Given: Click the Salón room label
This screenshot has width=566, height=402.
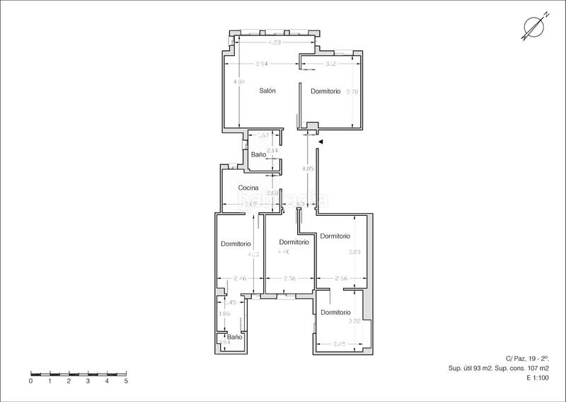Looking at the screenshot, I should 267,91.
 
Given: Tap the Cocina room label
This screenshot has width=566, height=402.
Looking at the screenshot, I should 248,188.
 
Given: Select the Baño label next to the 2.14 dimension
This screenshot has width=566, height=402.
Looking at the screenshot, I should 258,154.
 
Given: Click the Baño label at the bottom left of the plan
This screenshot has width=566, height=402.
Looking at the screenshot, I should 234,338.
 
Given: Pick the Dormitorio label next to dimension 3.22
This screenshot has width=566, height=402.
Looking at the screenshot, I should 335,312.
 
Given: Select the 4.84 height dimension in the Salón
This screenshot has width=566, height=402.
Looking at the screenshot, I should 240,83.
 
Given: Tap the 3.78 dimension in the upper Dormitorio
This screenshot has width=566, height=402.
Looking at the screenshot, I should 351,91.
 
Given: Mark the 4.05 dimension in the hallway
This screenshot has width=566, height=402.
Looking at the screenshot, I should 306,169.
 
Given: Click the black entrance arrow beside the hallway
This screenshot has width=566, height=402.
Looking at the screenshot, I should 320,142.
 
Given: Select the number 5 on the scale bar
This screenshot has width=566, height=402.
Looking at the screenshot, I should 126,381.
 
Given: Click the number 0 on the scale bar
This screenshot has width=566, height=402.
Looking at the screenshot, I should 31,381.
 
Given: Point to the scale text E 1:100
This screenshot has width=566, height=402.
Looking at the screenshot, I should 538,379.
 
